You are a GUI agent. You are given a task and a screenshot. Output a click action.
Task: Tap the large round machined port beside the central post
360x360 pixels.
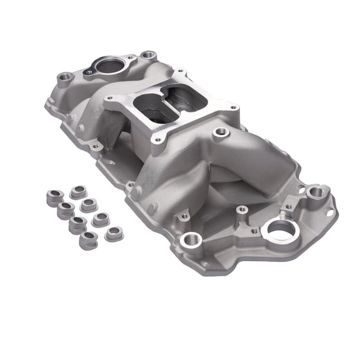pos(278,229)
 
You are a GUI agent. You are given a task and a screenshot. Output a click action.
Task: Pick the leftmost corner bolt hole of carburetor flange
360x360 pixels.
pos(110,98)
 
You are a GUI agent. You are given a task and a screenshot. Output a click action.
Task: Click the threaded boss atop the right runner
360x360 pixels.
pos(220,132)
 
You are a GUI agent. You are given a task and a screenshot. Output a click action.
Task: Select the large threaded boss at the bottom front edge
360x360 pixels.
pos(190,239)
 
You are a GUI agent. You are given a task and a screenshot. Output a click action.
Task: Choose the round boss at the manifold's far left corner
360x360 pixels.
pos(66,79)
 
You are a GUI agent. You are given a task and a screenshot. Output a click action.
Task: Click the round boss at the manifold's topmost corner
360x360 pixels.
pos(148,55)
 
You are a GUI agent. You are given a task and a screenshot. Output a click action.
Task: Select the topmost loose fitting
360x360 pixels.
pos(79,192)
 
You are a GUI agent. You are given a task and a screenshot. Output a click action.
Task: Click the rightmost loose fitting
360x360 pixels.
pos(114,234)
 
